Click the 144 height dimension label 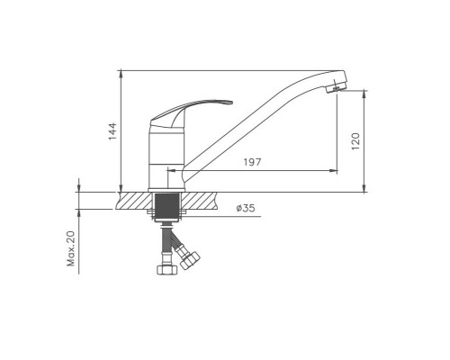click(x=112, y=131)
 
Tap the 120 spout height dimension click(x=355, y=141)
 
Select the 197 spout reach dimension click(x=252, y=162)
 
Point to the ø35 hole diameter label click(x=246, y=208)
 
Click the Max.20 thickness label click(x=71, y=248)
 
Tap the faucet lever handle click(x=191, y=113)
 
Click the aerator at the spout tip click(x=336, y=88)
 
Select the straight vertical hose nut click(x=167, y=269)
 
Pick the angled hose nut click(x=190, y=260)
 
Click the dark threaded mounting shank click(x=167, y=206)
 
